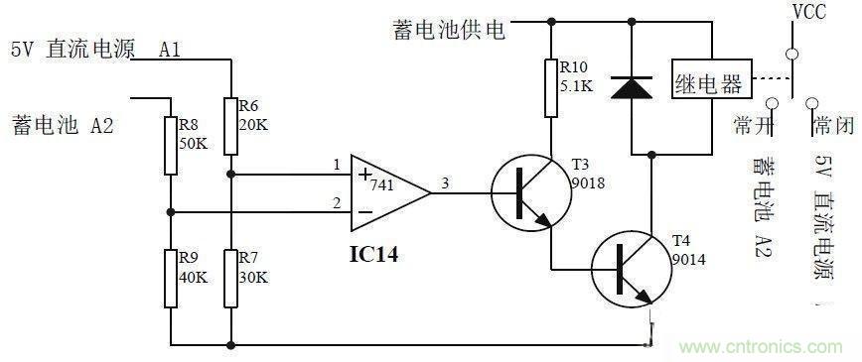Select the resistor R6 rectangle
(x=230, y=126)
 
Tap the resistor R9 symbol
(x=171, y=277)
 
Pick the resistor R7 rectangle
(x=230, y=277)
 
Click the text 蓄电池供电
(x=448, y=29)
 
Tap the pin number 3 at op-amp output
(x=444, y=181)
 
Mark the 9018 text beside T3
(x=590, y=182)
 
